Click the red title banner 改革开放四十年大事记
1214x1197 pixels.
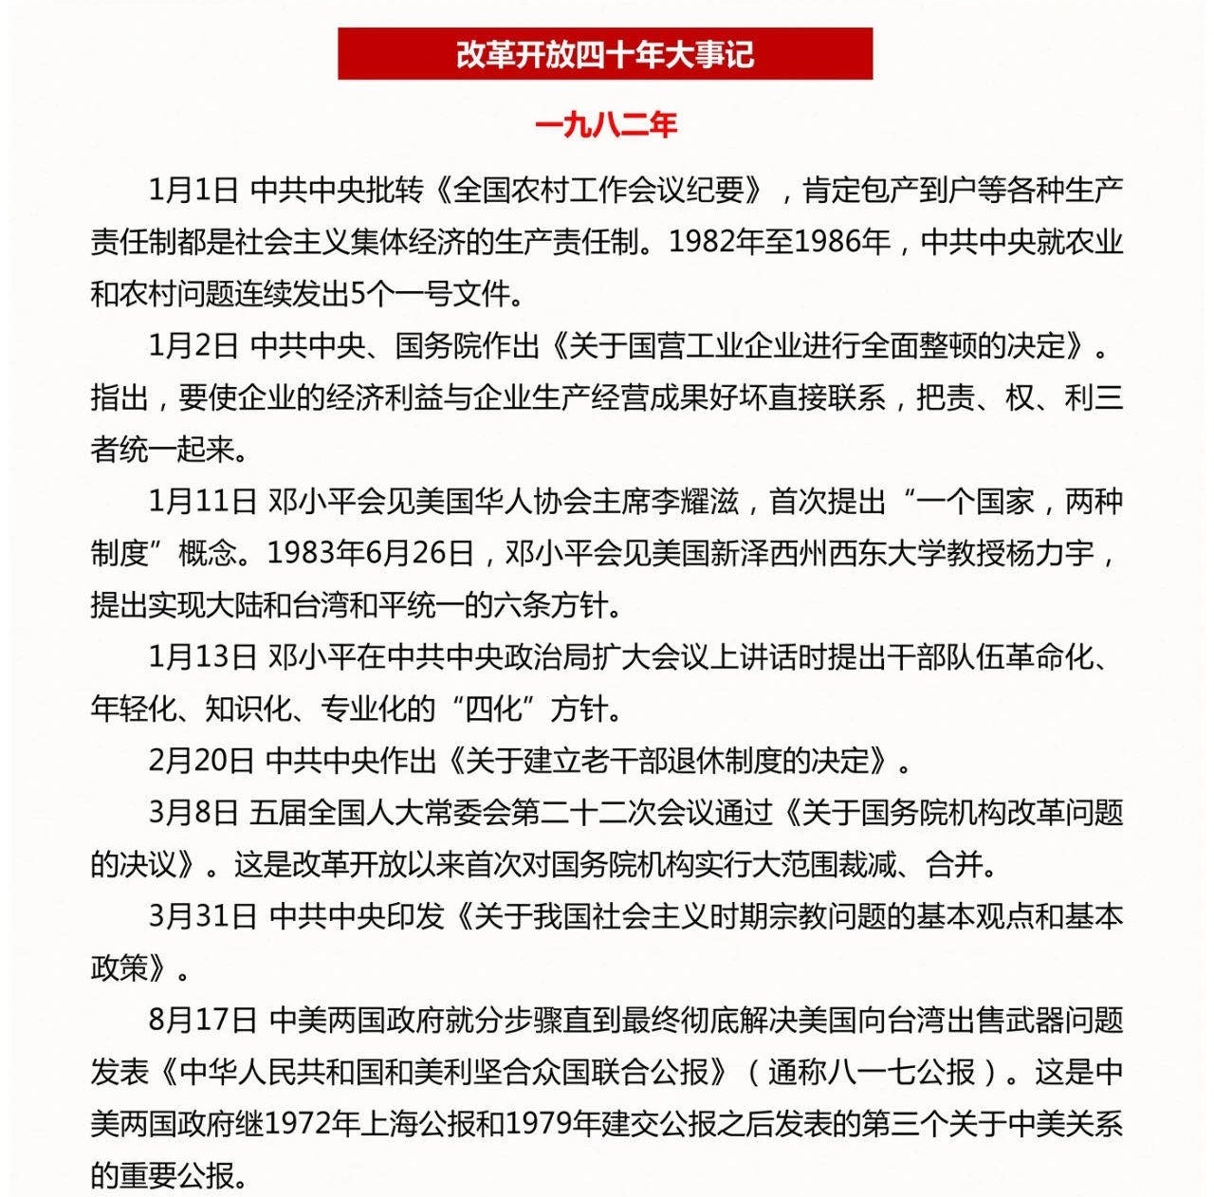coord(605,54)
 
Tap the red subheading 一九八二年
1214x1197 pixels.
coord(605,125)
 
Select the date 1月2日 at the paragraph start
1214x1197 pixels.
coord(193,346)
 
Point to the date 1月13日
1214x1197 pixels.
coord(202,656)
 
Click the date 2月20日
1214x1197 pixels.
coord(201,760)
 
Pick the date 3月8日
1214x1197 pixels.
coord(193,812)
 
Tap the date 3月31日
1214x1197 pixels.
coord(202,916)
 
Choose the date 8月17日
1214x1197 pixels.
coord(202,1020)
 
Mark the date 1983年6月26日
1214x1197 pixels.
coord(371,553)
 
